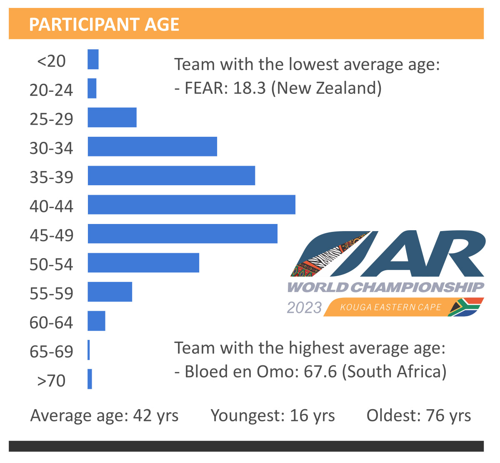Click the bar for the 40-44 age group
click(191, 204)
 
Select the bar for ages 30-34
click(152, 146)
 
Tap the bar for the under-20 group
click(93, 59)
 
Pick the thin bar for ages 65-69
click(89, 350)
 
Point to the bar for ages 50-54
click(143, 263)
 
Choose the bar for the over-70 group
click(90, 379)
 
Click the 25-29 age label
click(51, 119)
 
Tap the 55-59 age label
click(51, 293)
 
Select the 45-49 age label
click(51, 235)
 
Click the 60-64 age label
click(51, 322)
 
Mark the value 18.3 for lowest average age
click(249, 88)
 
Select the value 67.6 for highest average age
click(320, 372)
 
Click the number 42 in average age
click(142, 415)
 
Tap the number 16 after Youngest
click(299, 415)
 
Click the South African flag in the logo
click(466, 307)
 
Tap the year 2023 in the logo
click(305, 308)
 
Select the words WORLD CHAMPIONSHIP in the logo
click(386, 287)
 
